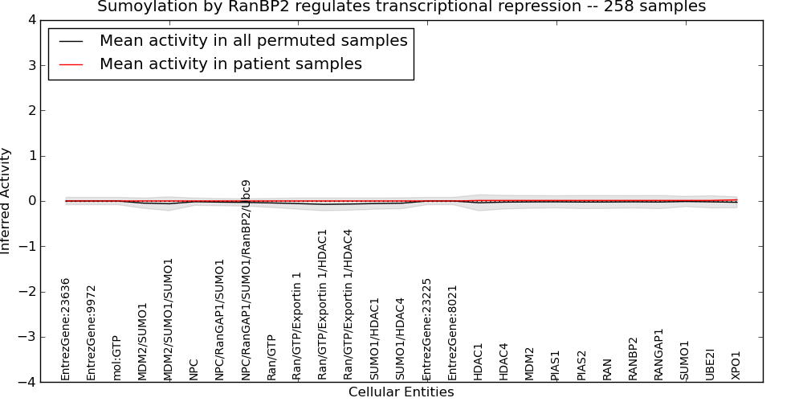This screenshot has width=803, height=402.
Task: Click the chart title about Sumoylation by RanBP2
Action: (x=401, y=6)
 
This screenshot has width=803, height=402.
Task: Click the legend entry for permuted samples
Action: (x=254, y=40)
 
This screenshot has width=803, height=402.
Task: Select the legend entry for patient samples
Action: (x=230, y=64)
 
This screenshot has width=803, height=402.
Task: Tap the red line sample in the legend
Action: (x=71, y=64)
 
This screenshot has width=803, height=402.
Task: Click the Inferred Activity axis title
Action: (x=5, y=201)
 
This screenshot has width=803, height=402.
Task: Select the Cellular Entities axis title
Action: (x=401, y=392)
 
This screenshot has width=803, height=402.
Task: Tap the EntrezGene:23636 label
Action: (x=65, y=330)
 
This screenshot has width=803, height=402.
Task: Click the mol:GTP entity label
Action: (x=116, y=359)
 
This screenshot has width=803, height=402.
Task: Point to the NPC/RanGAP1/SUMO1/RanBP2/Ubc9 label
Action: (x=246, y=281)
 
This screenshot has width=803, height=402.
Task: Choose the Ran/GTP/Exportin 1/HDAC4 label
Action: (x=348, y=305)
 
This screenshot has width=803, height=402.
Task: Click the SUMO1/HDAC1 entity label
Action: (x=374, y=339)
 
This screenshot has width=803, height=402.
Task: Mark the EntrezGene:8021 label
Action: (x=451, y=334)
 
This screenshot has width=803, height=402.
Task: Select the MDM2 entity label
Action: (x=529, y=364)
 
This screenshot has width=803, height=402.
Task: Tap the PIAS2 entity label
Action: (x=581, y=366)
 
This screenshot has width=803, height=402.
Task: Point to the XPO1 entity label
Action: (x=736, y=366)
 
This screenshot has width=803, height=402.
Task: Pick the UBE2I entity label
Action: (x=710, y=366)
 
